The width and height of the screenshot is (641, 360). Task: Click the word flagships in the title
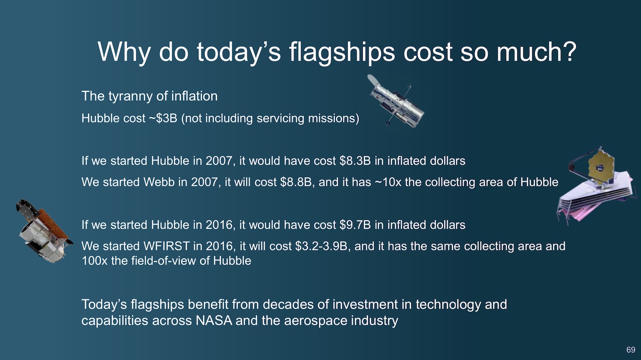tap(342, 52)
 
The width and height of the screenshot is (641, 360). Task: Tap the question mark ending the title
tap(568, 51)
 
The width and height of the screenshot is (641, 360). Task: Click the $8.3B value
tap(355, 161)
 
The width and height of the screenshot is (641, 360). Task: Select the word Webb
tap(159, 182)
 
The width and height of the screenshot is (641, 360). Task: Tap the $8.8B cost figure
tap(296, 182)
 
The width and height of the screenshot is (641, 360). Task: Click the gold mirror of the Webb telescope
tap(602, 165)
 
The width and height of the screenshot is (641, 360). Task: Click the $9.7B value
tap(355, 225)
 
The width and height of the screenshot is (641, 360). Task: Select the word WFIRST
tap(167, 246)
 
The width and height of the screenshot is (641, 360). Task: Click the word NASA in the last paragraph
tap(214, 321)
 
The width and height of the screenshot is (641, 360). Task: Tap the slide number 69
tap(631, 350)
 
